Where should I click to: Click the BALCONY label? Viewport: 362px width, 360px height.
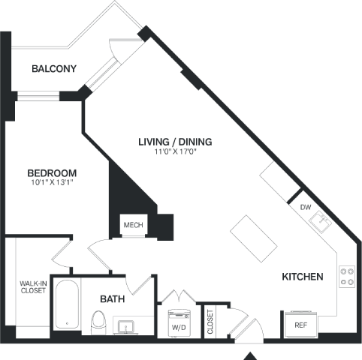(54, 68)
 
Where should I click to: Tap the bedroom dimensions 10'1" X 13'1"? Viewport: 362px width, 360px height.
(52, 182)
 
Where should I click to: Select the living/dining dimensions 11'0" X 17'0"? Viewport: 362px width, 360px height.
(175, 151)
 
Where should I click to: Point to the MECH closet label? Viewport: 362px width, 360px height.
(134, 225)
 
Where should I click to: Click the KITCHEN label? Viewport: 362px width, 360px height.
(303, 277)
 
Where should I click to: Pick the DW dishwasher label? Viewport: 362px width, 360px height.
(306, 207)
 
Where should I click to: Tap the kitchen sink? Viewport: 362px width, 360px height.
(320, 222)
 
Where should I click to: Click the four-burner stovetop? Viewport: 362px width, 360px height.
(347, 277)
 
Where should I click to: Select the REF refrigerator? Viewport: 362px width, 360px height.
(301, 324)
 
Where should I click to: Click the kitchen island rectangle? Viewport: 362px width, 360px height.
(254, 238)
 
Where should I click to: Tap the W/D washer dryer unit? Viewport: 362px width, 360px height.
(179, 323)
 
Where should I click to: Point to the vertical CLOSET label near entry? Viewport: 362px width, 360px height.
(210, 322)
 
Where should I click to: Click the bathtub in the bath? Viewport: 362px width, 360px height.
(67, 304)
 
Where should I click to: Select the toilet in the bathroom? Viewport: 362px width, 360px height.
(98, 322)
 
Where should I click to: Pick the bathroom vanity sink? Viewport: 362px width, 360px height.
(126, 327)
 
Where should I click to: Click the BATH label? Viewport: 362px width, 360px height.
(113, 299)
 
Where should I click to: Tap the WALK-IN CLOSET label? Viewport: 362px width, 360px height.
(33, 287)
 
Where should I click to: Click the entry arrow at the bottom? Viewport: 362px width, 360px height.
(249, 356)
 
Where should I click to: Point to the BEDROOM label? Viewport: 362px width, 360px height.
(52, 173)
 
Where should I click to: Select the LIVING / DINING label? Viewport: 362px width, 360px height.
(175, 142)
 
